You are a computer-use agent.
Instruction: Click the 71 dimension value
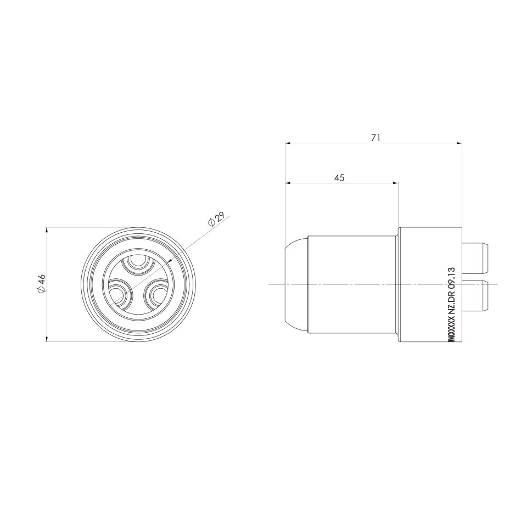(x=375, y=138)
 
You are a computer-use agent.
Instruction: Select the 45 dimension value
(x=339, y=177)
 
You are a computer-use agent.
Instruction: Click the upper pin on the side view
(x=476, y=259)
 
